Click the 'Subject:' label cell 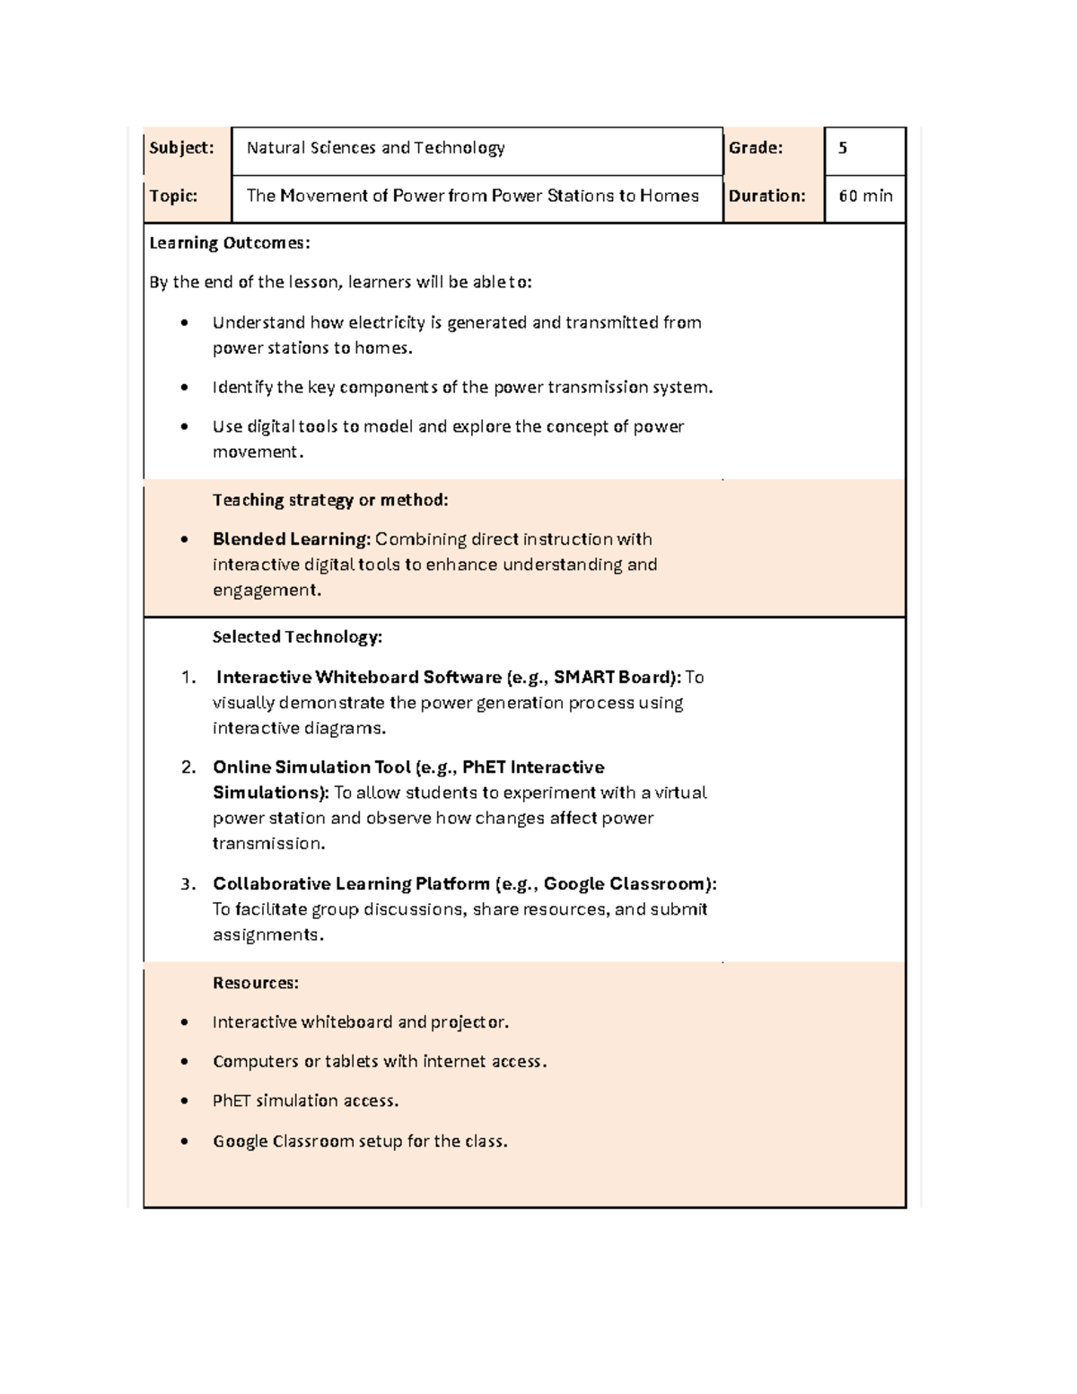[x=181, y=148]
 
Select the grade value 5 [x=842, y=148]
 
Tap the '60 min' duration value [x=864, y=196]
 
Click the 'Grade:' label [x=756, y=148]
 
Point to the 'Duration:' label [x=766, y=196]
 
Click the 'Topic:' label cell [x=173, y=196]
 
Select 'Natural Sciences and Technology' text [x=375, y=148]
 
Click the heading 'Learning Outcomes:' [x=230, y=243]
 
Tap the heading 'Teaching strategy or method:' [x=329, y=500]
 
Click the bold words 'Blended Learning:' [x=291, y=539]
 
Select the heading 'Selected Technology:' [x=297, y=637]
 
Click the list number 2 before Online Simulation [x=188, y=767]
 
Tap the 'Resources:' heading [x=255, y=983]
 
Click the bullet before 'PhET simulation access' [x=184, y=1101]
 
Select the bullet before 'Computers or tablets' [x=184, y=1062]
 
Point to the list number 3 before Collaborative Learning [x=188, y=884]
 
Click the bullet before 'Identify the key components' [x=184, y=388]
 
